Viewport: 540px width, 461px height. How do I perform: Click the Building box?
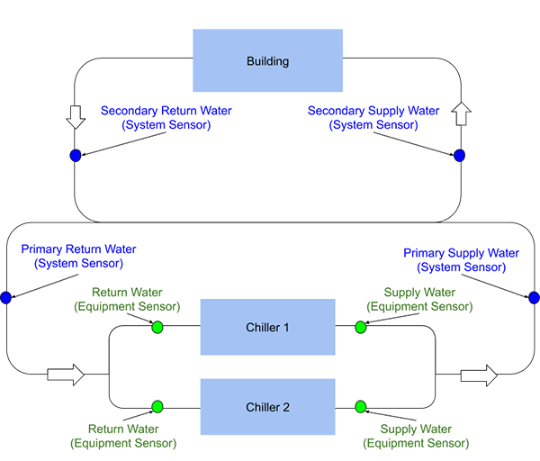pyautogui.click(x=267, y=61)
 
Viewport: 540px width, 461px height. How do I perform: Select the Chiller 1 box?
pyautogui.click(x=267, y=327)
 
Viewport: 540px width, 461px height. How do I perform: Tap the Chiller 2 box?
pyautogui.click(x=267, y=407)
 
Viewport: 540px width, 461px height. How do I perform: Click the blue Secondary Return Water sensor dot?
pyautogui.click(x=76, y=156)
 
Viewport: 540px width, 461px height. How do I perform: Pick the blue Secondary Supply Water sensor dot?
pyautogui.click(x=459, y=156)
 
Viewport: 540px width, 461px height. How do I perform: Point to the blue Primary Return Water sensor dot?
pyautogui.click(x=6, y=298)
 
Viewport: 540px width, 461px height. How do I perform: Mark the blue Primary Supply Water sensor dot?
pyautogui.click(x=534, y=298)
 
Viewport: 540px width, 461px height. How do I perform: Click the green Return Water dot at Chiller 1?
pyautogui.click(x=157, y=327)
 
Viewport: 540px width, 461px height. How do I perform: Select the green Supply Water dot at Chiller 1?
pyautogui.click(x=361, y=327)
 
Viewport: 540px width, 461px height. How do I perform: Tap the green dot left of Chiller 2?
pyautogui.click(x=157, y=406)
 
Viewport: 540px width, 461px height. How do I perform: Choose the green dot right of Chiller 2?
pyautogui.click(x=361, y=406)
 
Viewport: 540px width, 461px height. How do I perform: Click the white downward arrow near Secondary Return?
pyautogui.click(x=76, y=114)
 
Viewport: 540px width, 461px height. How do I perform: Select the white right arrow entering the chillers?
pyautogui.click(x=66, y=372)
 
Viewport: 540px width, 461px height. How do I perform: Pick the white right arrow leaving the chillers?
pyautogui.click(x=478, y=374)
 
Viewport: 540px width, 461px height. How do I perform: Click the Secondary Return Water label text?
pyautogui.click(x=166, y=118)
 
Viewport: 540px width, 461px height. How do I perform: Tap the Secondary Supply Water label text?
pyautogui.click(x=373, y=118)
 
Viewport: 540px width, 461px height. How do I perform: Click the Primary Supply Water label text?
pyautogui.click(x=462, y=260)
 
